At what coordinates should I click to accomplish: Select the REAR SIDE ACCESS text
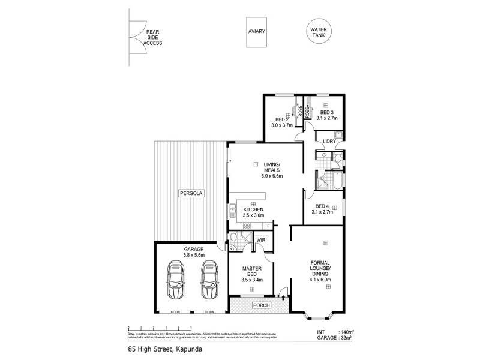click(152, 37)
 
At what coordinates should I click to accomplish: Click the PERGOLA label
click(191, 194)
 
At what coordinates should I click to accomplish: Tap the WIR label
click(261, 240)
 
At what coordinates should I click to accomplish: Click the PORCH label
click(262, 305)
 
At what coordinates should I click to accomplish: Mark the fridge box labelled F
click(268, 226)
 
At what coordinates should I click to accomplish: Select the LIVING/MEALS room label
click(272, 173)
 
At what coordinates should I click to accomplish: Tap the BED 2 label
click(281, 122)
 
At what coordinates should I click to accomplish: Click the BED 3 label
click(326, 116)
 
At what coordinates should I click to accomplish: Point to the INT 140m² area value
click(347, 331)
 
